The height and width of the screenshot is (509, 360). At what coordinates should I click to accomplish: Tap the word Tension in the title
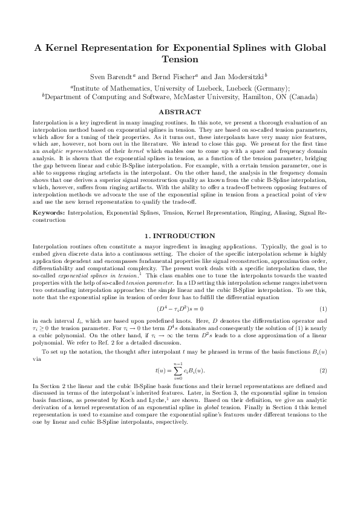[x=180, y=60]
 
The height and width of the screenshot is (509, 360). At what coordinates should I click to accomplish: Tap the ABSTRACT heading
[x=179, y=112]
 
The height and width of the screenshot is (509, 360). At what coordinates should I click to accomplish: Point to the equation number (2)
[x=323, y=369]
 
